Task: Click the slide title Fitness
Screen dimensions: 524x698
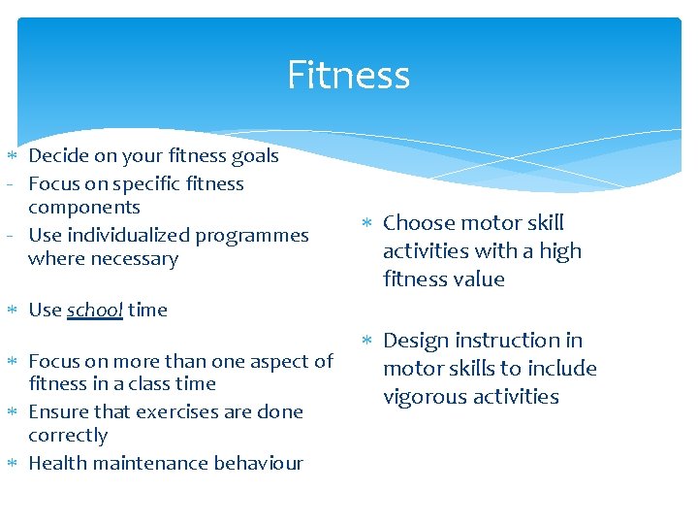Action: [348, 76]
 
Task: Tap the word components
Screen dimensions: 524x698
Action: [84, 208]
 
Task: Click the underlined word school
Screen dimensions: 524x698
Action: [94, 311]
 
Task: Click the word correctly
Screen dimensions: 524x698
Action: [68, 436]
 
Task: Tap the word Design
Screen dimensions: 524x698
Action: [416, 341]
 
